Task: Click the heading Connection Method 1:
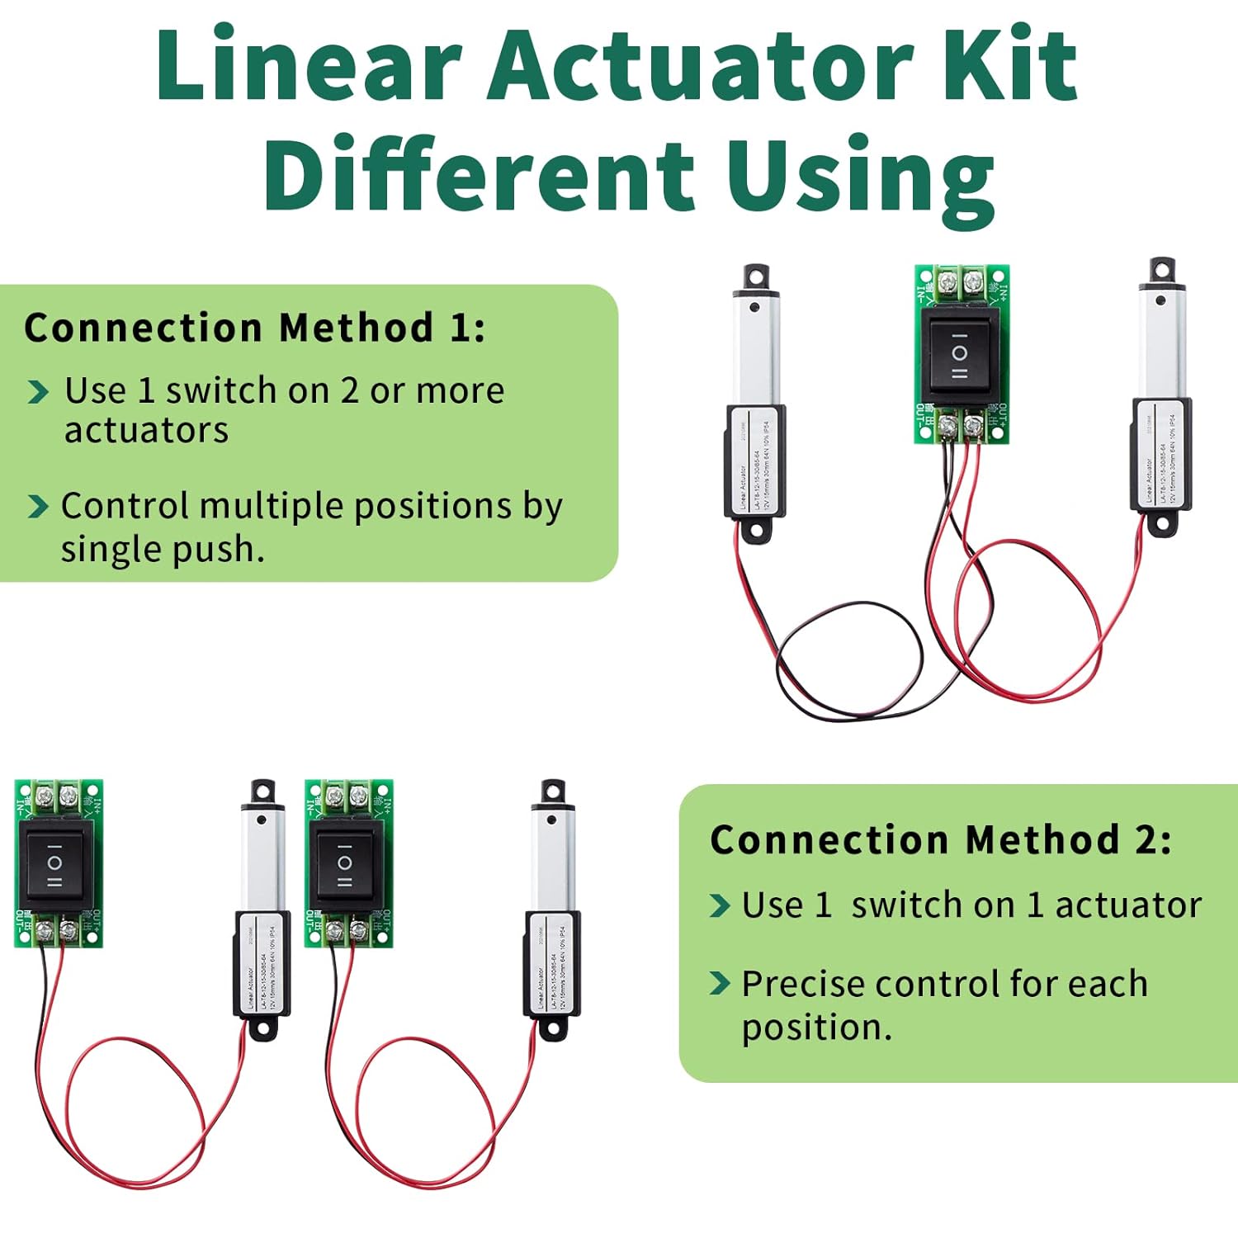click(x=254, y=328)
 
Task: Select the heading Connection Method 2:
click(x=940, y=839)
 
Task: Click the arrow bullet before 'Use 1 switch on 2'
click(x=38, y=392)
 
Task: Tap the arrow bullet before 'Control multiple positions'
click(x=38, y=507)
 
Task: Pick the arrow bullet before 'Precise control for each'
click(x=720, y=984)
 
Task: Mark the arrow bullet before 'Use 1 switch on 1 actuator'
click(x=720, y=905)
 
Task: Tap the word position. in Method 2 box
click(x=816, y=1028)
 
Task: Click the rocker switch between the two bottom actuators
click(x=346, y=863)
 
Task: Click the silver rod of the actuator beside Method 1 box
click(x=754, y=351)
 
